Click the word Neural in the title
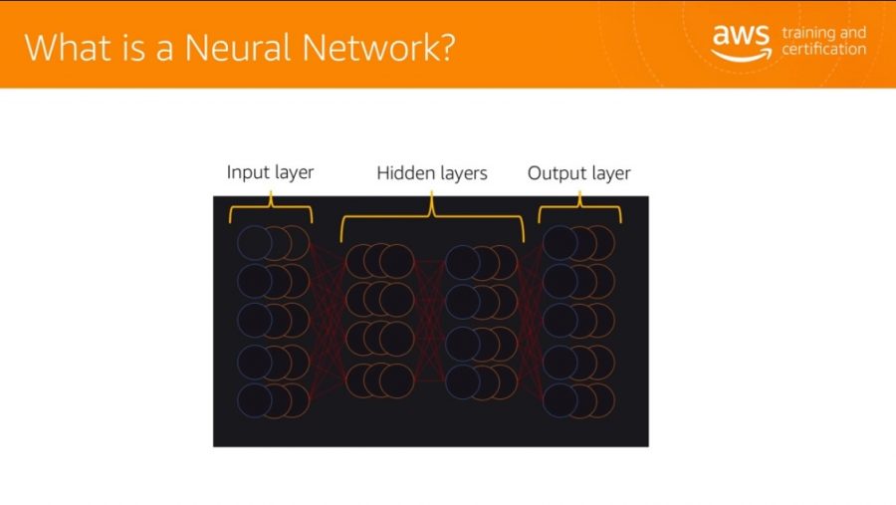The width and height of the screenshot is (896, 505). point(238,47)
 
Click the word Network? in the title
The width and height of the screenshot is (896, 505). point(378,47)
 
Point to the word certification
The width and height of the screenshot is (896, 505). point(824,49)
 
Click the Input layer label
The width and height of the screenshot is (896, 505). point(270,172)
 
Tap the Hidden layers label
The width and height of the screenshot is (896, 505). point(432,173)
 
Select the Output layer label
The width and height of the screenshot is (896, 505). point(578,173)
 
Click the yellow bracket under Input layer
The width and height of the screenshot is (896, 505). point(271,206)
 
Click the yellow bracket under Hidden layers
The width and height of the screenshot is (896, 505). point(432,215)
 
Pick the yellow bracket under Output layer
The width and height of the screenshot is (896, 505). point(580,206)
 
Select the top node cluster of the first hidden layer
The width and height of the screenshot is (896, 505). point(380,261)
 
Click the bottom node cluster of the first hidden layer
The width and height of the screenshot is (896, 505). point(380,380)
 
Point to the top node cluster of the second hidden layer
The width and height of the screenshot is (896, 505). point(481,263)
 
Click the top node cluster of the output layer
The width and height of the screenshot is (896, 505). point(578,243)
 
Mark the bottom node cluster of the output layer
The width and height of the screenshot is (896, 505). point(578,400)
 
